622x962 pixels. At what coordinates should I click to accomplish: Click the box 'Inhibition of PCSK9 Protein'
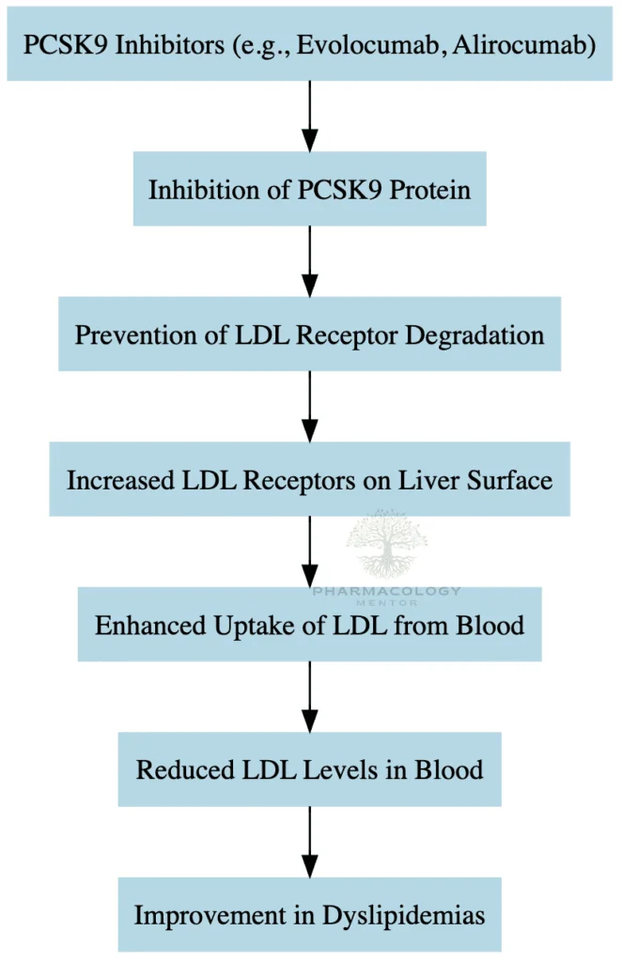(309, 189)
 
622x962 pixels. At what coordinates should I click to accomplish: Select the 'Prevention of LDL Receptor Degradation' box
(309, 334)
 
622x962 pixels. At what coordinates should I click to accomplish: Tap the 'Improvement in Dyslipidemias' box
(309, 914)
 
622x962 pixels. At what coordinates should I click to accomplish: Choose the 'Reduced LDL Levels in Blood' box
(309, 769)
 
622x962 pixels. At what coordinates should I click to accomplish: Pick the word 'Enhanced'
(143, 625)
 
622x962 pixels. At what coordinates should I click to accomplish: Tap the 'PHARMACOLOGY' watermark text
(386, 591)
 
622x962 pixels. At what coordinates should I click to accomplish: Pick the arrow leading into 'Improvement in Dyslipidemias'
(309, 841)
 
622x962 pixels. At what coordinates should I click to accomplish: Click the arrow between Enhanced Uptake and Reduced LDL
(309, 696)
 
